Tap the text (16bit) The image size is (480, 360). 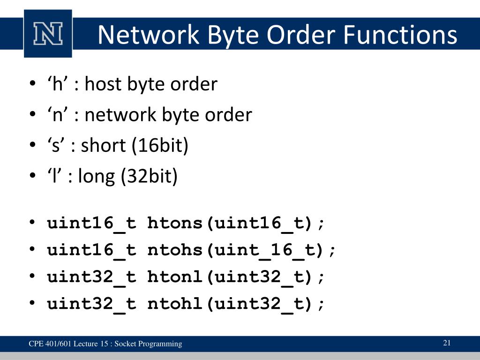(x=159, y=146)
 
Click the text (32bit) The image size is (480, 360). (x=149, y=177)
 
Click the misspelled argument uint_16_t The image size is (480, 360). (x=266, y=250)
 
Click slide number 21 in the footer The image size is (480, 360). (x=447, y=343)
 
